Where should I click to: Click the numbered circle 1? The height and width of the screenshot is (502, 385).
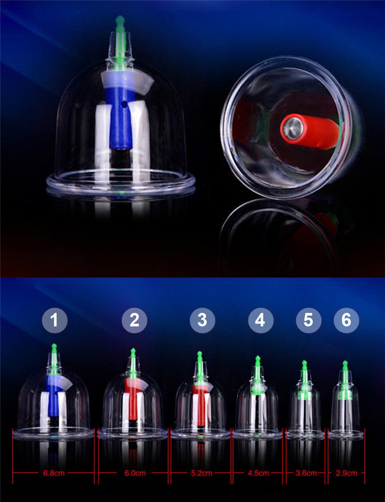click(x=54, y=320)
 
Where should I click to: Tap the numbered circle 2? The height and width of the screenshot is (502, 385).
click(x=135, y=320)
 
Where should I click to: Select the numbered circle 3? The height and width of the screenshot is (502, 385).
click(x=202, y=320)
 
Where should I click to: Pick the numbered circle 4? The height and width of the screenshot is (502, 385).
click(x=261, y=320)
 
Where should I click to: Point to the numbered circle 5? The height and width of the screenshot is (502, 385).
click(x=308, y=320)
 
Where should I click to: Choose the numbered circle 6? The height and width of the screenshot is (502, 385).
click(x=346, y=320)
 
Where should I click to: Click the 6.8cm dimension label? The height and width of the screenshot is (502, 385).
click(x=54, y=473)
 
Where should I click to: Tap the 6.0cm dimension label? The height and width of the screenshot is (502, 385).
click(x=135, y=473)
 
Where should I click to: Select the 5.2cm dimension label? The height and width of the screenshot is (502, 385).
click(x=201, y=473)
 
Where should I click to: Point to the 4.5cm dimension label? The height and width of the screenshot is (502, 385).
click(x=258, y=473)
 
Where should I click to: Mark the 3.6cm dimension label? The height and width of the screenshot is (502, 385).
click(x=306, y=473)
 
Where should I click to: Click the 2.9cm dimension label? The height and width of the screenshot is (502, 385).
click(x=346, y=473)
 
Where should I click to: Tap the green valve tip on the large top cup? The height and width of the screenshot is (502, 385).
click(x=120, y=20)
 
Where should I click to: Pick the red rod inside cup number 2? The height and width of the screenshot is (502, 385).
click(x=132, y=400)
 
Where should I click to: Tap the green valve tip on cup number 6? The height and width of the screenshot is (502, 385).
click(x=345, y=364)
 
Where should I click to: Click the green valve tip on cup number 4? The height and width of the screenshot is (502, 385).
click(x=257, y=359)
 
